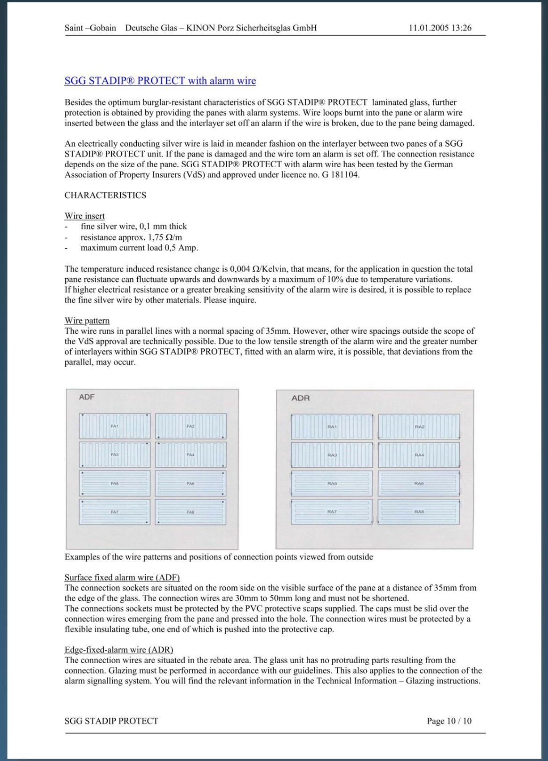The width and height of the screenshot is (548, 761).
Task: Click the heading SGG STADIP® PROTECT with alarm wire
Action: (x=160, y=81)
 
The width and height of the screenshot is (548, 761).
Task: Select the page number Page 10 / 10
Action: (x=449, y=721)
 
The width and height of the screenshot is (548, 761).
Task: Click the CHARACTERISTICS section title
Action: (x=105, y=195)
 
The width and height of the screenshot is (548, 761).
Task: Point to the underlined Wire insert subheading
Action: (x=85, y=216)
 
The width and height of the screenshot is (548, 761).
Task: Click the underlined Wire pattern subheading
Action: (x=87, y=321)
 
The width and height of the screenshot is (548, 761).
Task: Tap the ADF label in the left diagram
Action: (x=87, y=397)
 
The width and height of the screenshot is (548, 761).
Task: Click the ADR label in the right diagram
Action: (x=301, y=398)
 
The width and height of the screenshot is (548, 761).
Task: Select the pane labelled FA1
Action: (x=115, y=426)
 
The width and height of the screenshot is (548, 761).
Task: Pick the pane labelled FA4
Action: (x=191, y=455)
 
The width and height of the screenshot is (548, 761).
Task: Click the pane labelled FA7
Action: (x=115, y=512)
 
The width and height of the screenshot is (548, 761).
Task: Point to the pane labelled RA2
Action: (x=419, y=427)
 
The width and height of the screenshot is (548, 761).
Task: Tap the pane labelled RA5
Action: (x=332, y=483)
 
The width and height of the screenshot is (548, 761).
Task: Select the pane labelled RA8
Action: (x=419, y=512)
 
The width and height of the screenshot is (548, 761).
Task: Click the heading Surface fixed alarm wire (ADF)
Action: (x=122, y=577)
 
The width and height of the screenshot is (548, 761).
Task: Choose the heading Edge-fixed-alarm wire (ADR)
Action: (x=119, y=650)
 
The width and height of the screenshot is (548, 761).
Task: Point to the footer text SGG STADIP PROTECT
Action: (x=111, y=721)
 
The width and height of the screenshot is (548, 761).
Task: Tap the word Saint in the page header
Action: (x=74, y=28)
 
